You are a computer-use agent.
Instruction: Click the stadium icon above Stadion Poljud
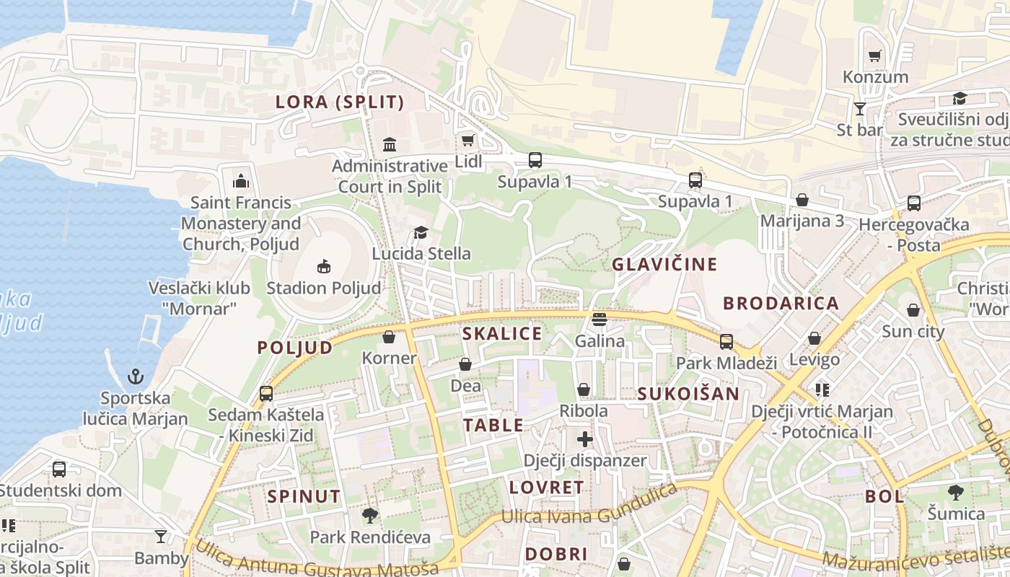[323, 266]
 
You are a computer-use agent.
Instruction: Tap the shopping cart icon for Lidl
[467, 140]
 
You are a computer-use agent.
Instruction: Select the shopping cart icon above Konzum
[875, 56]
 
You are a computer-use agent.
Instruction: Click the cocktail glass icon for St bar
[859, 109]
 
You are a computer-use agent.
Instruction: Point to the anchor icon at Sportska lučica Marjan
[135, 376]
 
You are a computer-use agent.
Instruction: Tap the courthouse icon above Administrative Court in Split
[390, 144]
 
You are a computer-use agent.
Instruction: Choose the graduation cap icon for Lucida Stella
[420, 232]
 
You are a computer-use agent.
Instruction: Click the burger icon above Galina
[599, 319]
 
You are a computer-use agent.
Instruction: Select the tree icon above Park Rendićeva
[370, 515]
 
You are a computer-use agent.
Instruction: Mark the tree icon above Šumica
[956, 493]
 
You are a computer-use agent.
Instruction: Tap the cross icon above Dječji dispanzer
[584, 439]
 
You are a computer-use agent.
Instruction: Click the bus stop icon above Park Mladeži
[726, 341]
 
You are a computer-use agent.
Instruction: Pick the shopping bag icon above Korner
[389, 337]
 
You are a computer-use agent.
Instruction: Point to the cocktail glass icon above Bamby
[161, 536]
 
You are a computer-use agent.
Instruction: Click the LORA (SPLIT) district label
[340, 102]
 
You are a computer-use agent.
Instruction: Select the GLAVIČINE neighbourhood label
[664, 264]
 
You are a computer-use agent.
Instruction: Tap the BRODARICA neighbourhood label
[781, 303]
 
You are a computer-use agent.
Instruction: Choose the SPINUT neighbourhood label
[303, 496]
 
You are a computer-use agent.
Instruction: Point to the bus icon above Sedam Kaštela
[266, 393]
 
